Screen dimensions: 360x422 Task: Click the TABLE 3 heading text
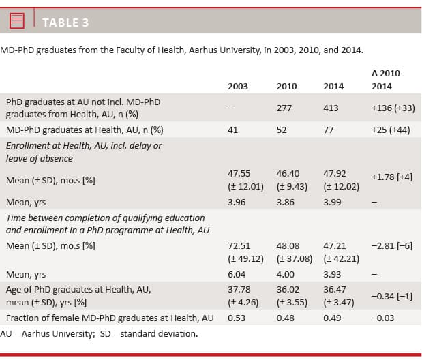(x=65, y=22)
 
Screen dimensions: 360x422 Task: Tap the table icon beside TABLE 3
(x=18, y=21)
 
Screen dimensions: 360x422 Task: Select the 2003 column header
(x=238, y=87)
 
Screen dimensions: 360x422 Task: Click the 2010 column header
(x=286, y=87)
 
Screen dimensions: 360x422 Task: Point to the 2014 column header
(x=333, y=87)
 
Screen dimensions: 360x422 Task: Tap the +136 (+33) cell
(x=393, y=108)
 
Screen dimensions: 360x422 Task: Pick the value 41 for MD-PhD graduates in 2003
(x=232, y=130)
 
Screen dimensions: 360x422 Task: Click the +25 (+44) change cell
(x=391, y=130)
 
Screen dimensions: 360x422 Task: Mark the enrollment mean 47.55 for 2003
(x=239, y=174)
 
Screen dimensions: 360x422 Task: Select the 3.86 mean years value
(x=286, y=202)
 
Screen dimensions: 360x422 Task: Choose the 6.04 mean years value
(x=237, y=274)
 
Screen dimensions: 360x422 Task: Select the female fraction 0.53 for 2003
(x=237, y=318)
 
